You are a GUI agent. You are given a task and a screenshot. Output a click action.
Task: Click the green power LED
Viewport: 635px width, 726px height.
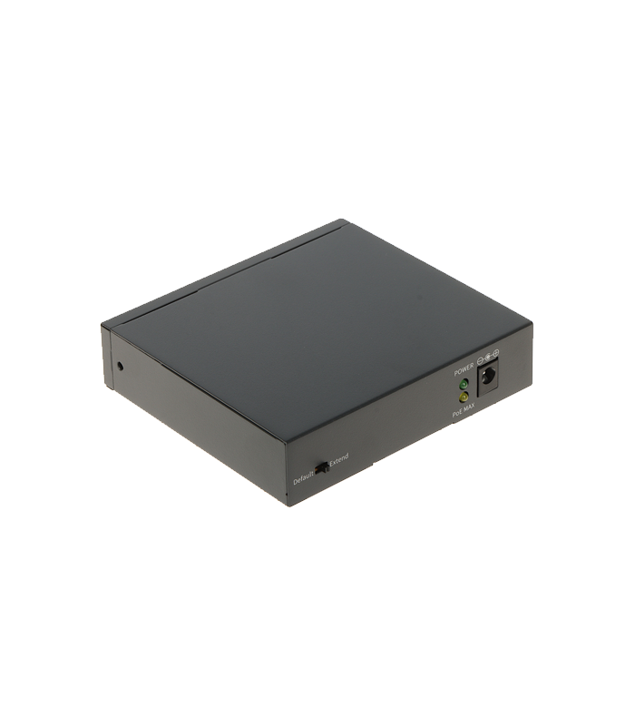[x=464, y=384]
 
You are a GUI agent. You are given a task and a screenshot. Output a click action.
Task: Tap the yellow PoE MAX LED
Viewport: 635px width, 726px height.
[x=464, y=397]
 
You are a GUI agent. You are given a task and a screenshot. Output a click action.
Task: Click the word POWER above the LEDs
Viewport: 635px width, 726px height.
[x=464, y=371]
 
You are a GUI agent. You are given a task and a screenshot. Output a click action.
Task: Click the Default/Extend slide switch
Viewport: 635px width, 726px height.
[x=321, y=468]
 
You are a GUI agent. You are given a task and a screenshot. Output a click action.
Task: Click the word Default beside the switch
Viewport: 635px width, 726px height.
[x=303, y=476]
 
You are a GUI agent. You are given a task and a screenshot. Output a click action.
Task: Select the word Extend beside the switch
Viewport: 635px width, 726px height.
[x=338, y=460]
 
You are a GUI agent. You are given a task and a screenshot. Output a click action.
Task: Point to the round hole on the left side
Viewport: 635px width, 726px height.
[x=120, y=367]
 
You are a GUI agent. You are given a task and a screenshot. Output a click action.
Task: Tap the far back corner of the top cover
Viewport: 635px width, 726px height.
[x=346, y=220]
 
